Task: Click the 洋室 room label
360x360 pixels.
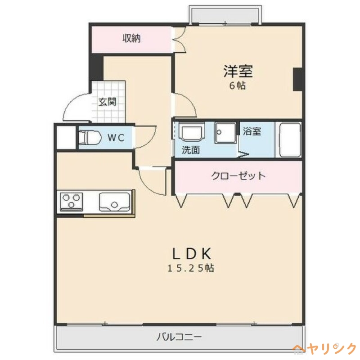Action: [x=238, y=71]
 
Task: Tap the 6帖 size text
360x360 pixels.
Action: [x=238, y=86]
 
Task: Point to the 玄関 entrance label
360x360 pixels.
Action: [x=108, y=102]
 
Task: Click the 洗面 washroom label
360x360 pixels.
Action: [x=190, y=150]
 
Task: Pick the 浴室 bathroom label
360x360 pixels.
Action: [x=252, y=131]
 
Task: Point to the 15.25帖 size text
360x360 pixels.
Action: [x=191, y=269]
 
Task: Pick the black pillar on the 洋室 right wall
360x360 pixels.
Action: [x=297, y=79]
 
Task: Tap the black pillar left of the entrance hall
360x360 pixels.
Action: [x=96, y=67]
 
